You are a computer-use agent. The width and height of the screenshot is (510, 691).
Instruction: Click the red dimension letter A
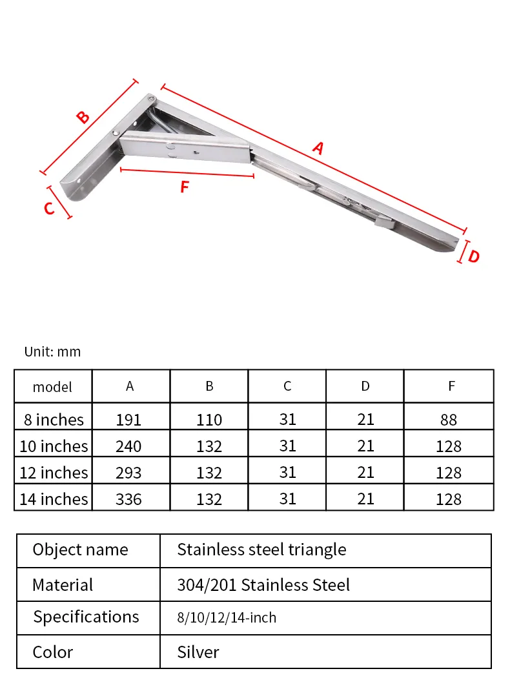click(318, 149)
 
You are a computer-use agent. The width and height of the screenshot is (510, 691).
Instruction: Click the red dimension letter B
click(83, 118)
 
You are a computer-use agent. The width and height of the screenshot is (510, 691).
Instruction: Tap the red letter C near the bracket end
click(49, 209)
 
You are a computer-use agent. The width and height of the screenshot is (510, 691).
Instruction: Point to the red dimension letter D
click(474, 256)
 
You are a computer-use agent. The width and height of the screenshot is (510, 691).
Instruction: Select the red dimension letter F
click(185, 187)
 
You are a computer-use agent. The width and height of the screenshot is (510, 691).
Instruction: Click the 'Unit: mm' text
click(53, 352)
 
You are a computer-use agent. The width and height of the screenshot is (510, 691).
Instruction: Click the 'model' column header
click(52, 387)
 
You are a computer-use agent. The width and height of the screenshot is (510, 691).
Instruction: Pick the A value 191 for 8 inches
click(128, 420)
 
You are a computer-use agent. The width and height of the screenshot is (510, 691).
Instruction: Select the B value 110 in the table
click(209, 420)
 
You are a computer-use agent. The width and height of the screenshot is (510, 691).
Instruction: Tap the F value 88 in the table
click(449, 420)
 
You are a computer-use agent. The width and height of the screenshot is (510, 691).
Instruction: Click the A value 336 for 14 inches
click(128, 499)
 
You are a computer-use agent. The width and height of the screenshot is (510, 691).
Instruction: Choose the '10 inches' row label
click(54, 446)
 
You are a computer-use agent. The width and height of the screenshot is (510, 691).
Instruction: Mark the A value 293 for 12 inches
click(128, 473)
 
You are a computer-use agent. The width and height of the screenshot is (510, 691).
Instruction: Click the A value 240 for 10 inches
click(128, 446)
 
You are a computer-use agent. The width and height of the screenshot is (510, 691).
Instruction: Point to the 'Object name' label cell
click(81, 550)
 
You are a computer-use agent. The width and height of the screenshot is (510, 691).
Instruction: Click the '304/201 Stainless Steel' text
click(263, 585)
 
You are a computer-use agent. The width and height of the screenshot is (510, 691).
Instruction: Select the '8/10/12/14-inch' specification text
click(227, 618)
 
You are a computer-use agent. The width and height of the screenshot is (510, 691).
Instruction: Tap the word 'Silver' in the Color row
click(198, 652)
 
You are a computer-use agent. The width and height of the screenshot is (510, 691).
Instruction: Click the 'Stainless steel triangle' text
click(261, 550)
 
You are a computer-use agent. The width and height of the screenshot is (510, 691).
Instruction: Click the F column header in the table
click(451, 386)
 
